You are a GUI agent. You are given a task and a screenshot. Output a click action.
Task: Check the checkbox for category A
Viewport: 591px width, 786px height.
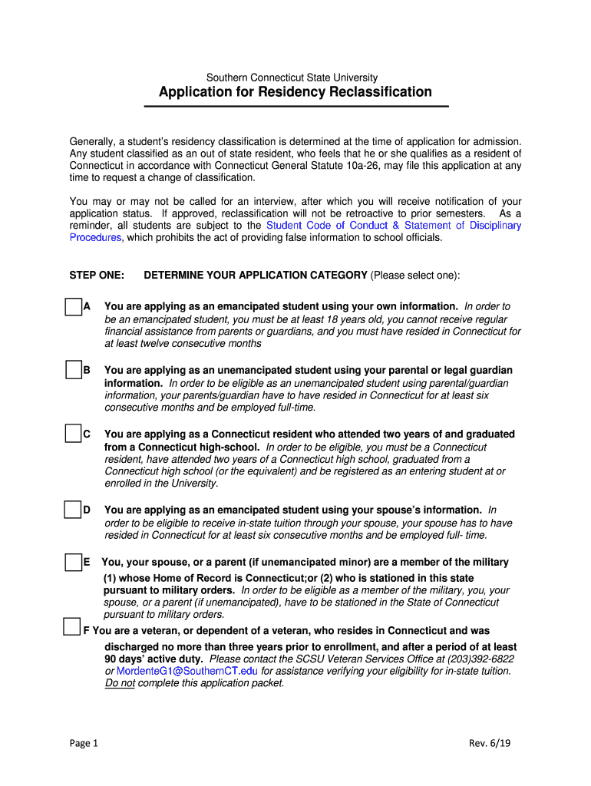(x=73, y=307)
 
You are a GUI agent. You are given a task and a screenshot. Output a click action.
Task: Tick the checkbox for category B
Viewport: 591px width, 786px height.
(x=73, y=371)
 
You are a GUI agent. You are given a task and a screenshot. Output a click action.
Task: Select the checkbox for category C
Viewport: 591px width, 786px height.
(x=73, y=434)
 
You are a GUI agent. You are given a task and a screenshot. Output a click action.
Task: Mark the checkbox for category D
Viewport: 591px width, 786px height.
(x=73, y=510)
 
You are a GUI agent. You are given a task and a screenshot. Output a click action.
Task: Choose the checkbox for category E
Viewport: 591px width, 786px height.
(x=73, y=563)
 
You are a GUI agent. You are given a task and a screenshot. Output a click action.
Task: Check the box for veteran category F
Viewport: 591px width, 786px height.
(x=71, y=626)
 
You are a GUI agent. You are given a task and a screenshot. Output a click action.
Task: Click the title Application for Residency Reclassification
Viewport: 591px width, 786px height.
(x=295, y=92)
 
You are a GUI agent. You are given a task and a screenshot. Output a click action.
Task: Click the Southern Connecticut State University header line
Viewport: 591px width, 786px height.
(x=292, y=78)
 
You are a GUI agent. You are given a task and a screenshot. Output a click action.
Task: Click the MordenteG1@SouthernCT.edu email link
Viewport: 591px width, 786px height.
(x=187, y=671)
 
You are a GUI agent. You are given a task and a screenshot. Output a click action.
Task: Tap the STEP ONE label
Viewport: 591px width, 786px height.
(x=97, y=276)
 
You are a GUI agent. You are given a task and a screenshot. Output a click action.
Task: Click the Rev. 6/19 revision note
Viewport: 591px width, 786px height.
(x=489, y=743)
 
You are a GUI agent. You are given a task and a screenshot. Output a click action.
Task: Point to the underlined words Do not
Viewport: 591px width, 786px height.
(x=120, y=683)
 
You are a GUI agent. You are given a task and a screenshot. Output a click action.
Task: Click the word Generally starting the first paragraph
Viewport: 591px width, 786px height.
(x=92, y=142)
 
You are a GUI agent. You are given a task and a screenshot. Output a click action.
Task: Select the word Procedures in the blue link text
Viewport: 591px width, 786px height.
(x=95, y=238)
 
